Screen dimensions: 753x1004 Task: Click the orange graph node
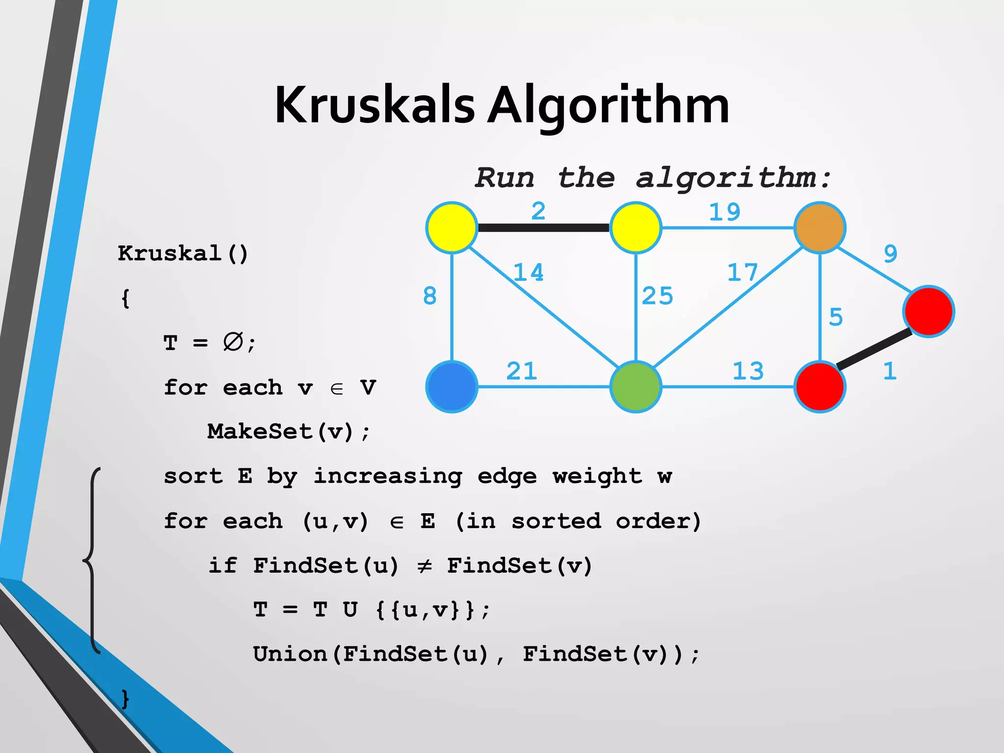(x=820, y=227)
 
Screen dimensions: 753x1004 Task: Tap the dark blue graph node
(x=452, y=387)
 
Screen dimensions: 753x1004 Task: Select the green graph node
(x=635, y=387)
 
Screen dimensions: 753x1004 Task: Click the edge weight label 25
(x=657, y=296)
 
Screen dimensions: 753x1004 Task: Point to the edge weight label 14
(x=528, y=273)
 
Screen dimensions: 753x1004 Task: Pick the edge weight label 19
(x=725, y=212)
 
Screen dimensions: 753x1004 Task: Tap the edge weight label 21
(x=522, y=371)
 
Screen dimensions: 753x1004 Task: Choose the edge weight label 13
(x=748, y=371)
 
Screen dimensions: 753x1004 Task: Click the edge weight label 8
(x=429, y=296)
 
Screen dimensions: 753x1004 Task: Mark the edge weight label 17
(x=742, y=273)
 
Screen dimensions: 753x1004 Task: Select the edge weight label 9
(x=890, y=254)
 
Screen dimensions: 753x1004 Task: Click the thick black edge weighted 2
(x=543, y=228)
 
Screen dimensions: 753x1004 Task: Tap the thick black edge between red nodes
(x=874, y=350)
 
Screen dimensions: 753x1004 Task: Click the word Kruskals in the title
(x=375, y=105)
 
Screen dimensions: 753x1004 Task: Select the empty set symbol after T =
(x=233, y=342)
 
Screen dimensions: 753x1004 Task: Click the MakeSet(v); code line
(x=288, y=432)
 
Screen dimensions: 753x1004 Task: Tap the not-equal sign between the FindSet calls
(x=424, y=566)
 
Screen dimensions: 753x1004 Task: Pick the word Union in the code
(x=290, y=654)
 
